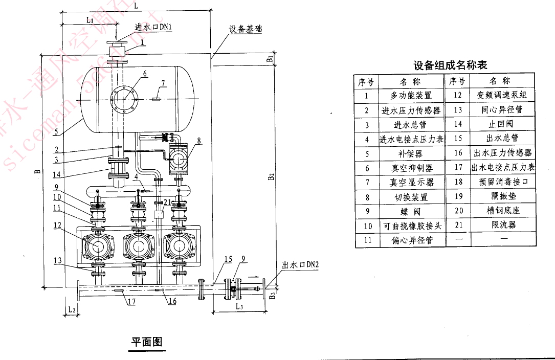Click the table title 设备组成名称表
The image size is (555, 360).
tap(450, 65)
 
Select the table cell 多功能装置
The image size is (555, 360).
tap(411, 95)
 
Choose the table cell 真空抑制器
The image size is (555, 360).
tap(411, 168)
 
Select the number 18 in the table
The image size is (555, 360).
tap(458, 182)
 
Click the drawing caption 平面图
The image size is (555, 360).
tap(147, 342)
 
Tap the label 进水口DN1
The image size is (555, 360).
tap(153, 27)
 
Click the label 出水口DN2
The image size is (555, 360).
tap(300, 265)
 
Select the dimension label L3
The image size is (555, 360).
tap(239, 306)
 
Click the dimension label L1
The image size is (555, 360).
tap(88, 20)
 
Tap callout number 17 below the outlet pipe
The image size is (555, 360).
tap(131, 302)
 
